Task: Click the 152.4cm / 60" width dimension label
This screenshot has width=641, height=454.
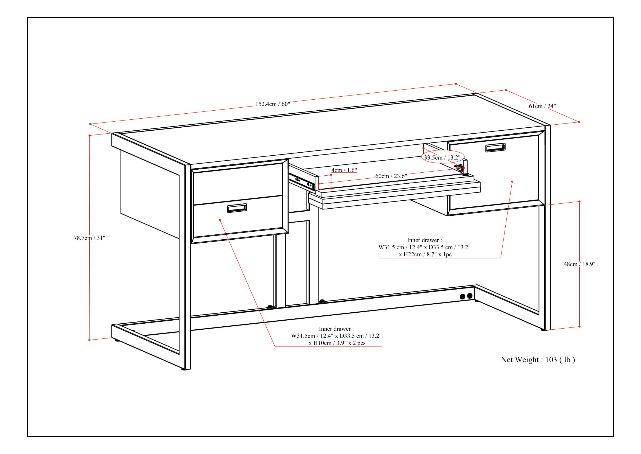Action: point(273,104)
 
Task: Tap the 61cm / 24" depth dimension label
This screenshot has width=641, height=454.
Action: point(542,106)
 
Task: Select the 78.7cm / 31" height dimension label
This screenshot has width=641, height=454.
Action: point(89,238)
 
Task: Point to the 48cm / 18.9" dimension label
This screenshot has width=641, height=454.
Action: point(579,264)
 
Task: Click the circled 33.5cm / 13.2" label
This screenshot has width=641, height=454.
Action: point(442,158)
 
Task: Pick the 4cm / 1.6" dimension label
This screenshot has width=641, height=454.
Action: point(344,170)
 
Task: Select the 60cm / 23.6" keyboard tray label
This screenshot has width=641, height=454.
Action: point(391,176)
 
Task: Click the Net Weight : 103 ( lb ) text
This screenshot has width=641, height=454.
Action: point(538,360)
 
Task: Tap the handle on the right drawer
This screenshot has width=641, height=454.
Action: point(495,148)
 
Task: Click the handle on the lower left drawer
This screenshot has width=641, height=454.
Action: point(237,208)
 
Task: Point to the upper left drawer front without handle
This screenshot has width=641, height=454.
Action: point(237,183)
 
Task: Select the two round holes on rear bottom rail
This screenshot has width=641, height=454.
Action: point(466,296)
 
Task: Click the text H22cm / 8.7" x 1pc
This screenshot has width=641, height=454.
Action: point(425,254)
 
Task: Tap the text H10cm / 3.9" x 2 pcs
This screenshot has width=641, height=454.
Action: point(337,343)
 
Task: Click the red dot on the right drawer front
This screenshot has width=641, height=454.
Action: point(512,182)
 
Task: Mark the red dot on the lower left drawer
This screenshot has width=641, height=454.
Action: point(220,220)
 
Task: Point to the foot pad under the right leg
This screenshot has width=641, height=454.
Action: point(543,330)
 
